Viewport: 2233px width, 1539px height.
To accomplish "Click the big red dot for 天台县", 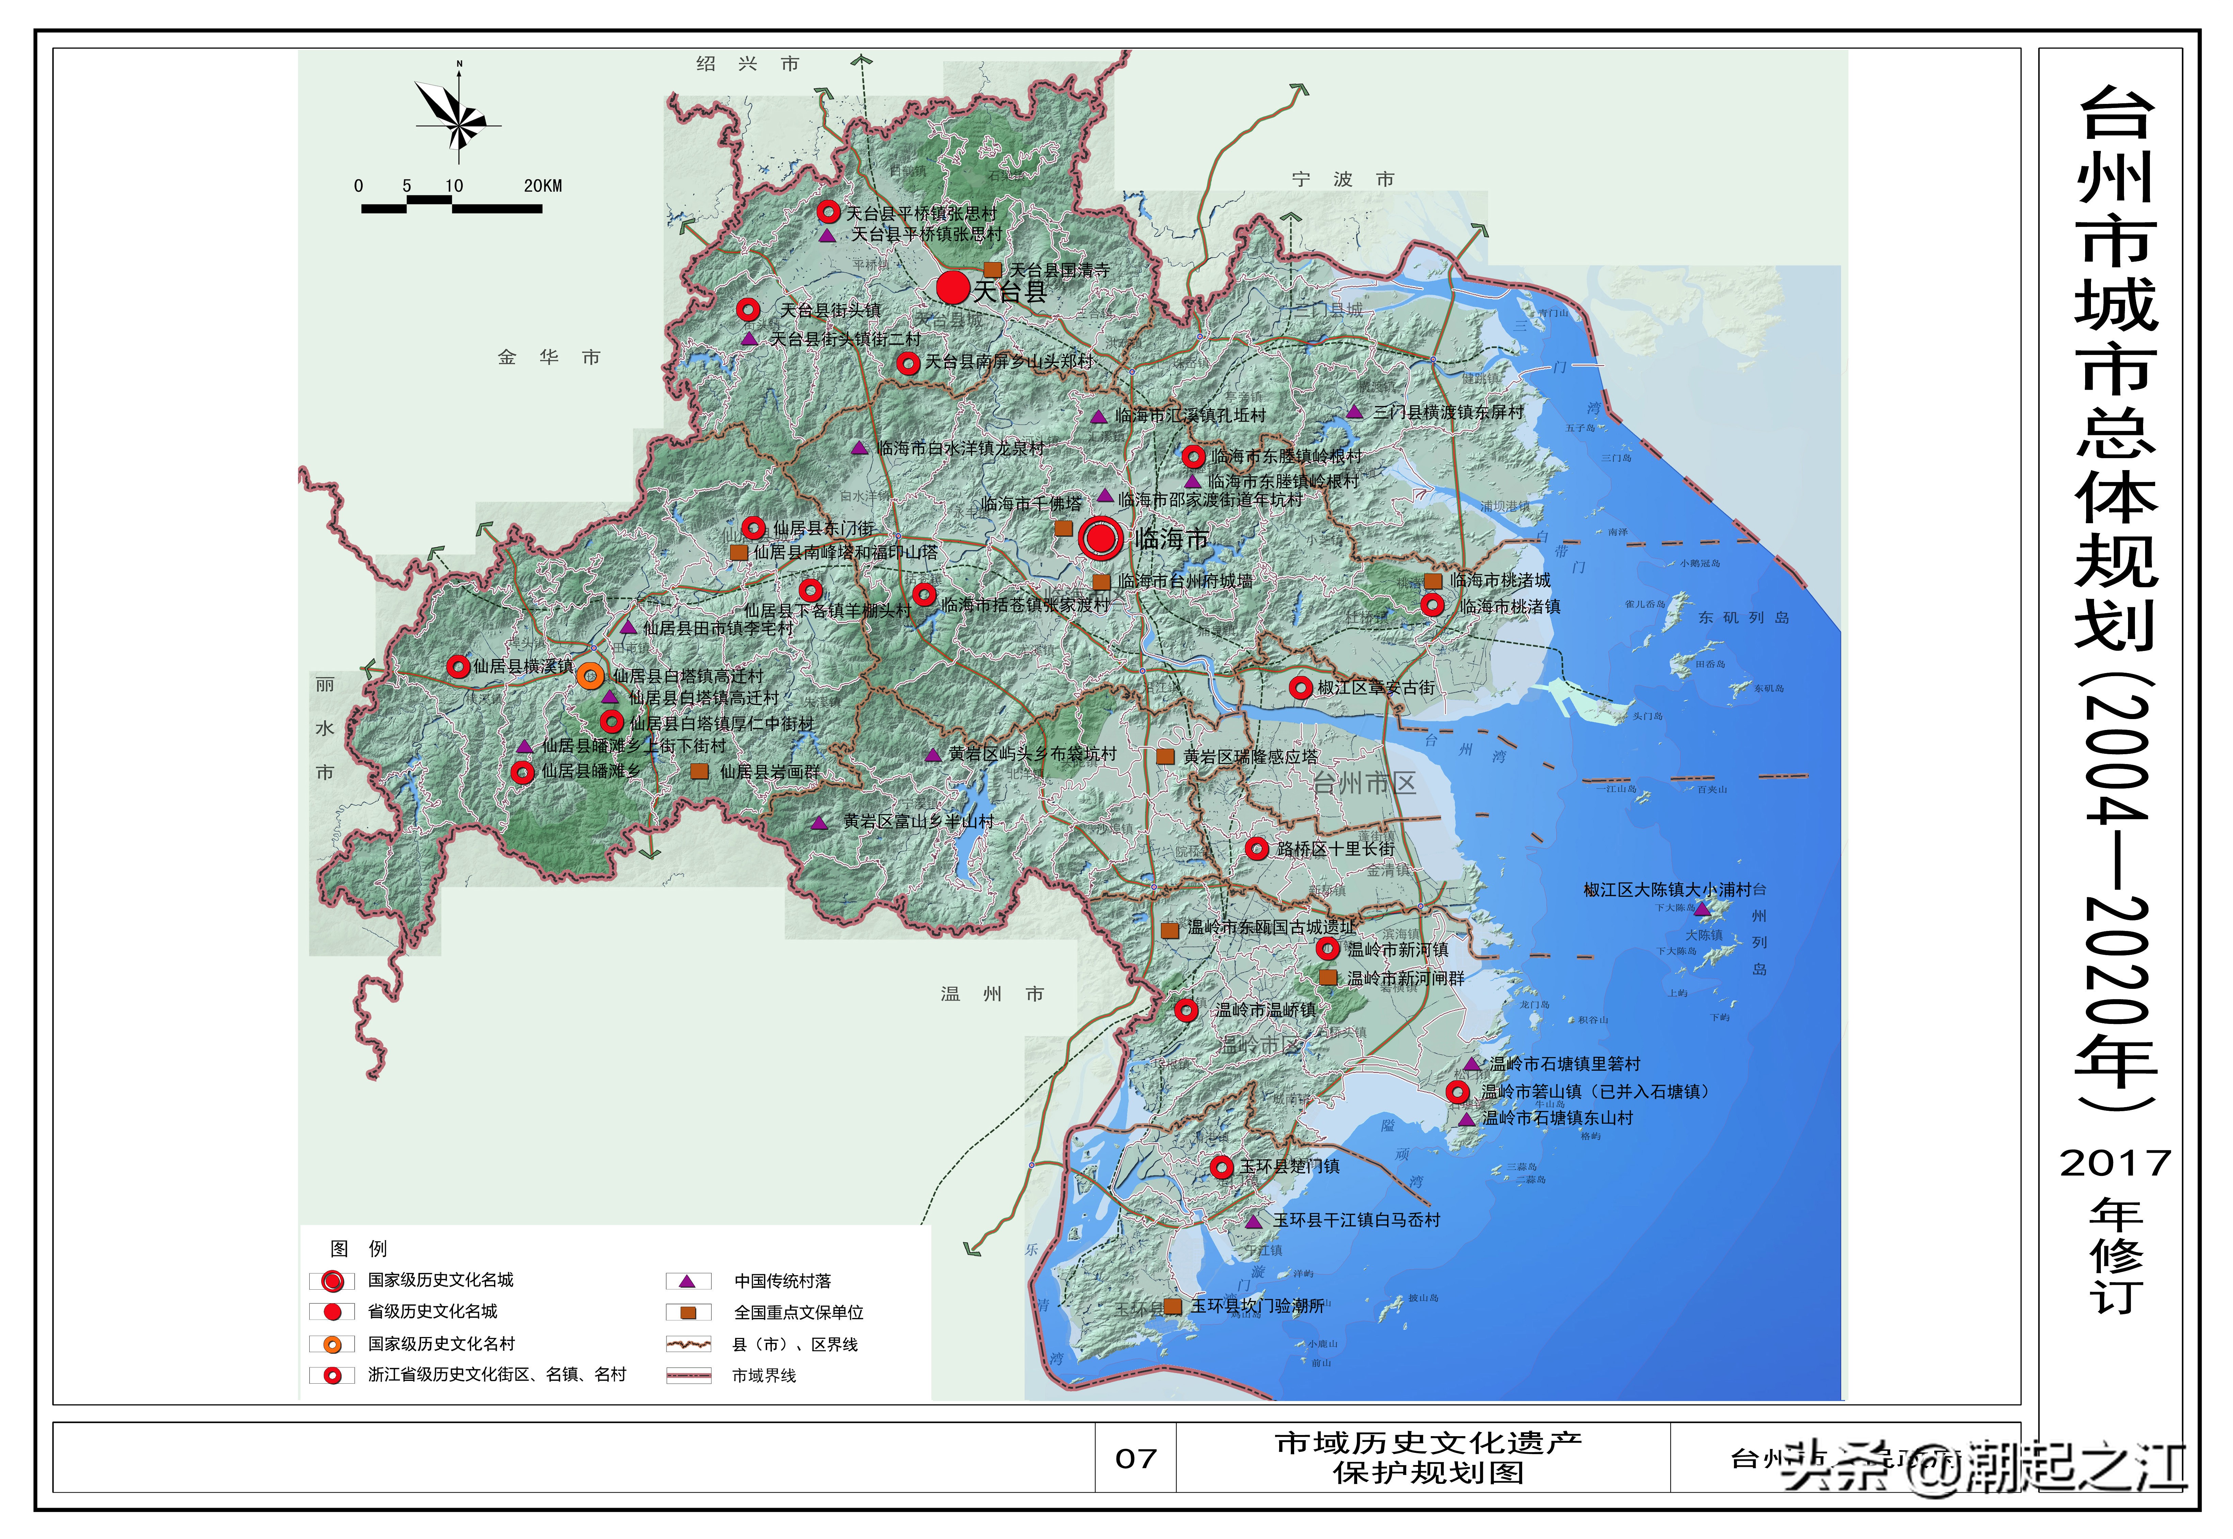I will tap(952, 287).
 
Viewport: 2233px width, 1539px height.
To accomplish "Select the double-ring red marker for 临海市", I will tap(1100, 538).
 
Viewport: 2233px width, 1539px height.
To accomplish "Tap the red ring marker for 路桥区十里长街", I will tap(1256, 849).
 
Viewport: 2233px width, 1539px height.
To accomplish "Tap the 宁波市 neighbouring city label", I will tap(1342, 180).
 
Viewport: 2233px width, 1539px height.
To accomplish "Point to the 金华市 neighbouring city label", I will tap(548, 358).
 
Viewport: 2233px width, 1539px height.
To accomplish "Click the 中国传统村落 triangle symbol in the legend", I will tap(687, 1280).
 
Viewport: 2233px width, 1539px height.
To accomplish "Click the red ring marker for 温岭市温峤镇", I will tap(1186, 1010).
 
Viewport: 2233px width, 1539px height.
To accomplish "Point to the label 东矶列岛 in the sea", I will tap(1743, 617).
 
